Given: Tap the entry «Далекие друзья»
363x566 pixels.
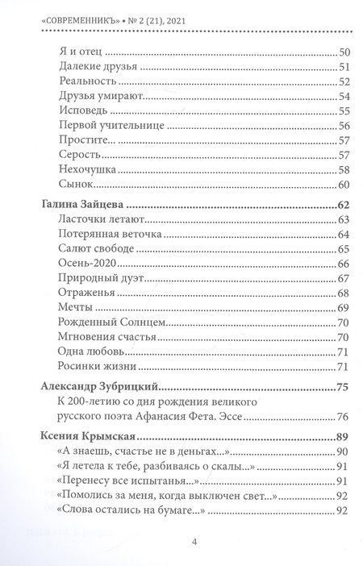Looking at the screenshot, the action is [x=99, y=67].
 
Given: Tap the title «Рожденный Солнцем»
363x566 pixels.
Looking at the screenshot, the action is [x=111, y=323].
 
